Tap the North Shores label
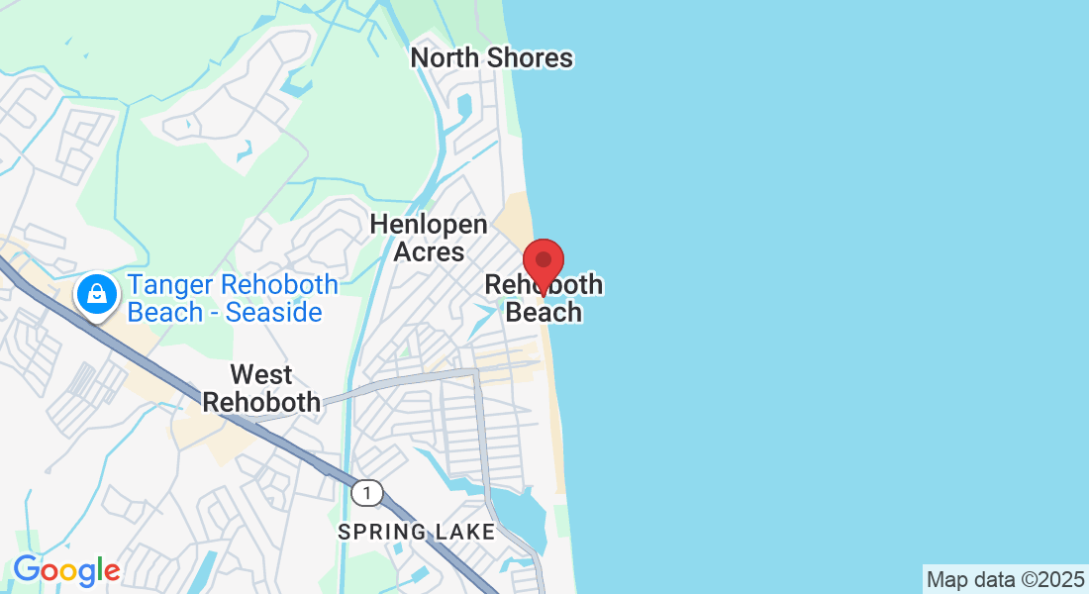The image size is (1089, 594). tap(492, 57)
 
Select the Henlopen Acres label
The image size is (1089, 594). tap(429, 239)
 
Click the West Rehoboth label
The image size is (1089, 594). tap(261, 389)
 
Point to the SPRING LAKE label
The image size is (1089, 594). tap(416, 533)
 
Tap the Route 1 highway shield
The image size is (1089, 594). tap(367, 492)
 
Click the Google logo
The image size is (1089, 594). tap(66, 571)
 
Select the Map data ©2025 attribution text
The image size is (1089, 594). tap(1005, 579)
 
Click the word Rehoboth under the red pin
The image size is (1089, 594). tap(544, 286)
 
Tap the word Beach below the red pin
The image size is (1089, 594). tap(544, 313)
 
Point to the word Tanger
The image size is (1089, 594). tap(171, 285)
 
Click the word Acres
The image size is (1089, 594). tap(429, 252)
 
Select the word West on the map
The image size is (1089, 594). tap(261, 375)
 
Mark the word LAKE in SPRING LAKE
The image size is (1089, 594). tap(466, 533)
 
